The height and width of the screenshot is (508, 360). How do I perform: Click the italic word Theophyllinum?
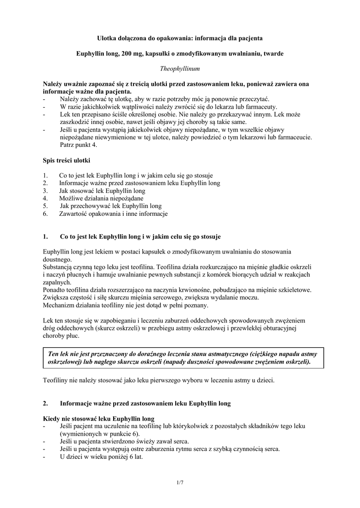click(x=179, y=68)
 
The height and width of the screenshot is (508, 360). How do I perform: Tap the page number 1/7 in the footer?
click(x=180, y=482)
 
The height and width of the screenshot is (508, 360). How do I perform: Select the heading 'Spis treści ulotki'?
click(x=67, y=160)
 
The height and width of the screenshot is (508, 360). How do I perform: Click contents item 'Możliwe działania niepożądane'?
click(x=94, y=198)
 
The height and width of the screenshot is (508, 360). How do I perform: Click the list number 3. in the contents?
click(x=45, y=190)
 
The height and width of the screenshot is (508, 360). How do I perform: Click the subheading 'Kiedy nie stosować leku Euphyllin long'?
click(x=99, y=418)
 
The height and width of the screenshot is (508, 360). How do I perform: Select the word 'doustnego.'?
click(x=58, y=259)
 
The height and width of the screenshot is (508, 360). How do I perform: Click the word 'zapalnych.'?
click(x=57, y=282)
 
